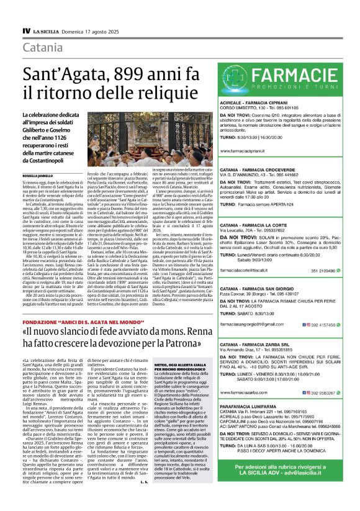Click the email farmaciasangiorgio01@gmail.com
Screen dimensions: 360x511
[253, 307]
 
